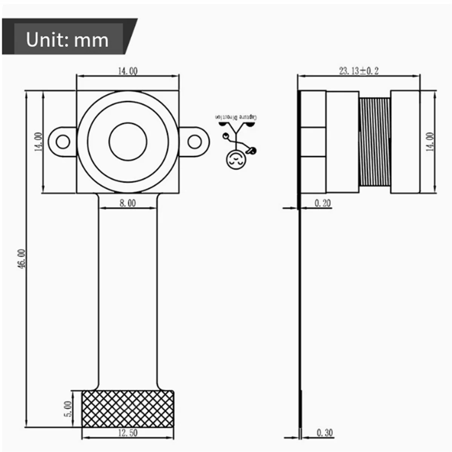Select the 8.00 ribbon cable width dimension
point(128,203)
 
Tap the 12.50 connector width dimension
point(128,433)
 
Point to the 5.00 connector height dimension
point(68,408)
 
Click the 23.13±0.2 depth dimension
point(359,70)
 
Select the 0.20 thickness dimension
point(322,203)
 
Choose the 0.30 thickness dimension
point(324,433)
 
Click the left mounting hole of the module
point(63,142)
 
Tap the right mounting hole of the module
point(194,142)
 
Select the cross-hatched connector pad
point(128,409)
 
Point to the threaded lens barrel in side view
point(374,142)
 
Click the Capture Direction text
point(236,118)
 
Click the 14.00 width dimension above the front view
point(128,71)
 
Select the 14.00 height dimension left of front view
point(39,142)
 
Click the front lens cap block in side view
point(405,142)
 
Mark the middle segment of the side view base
point(313,142)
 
